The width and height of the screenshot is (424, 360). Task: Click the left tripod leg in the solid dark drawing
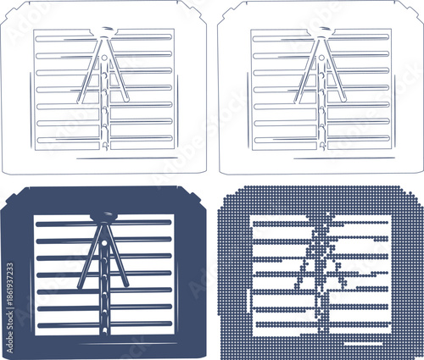[89, 258]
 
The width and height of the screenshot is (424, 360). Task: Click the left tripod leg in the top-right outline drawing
[307, 72]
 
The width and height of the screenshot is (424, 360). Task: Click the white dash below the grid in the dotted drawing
[356, 342]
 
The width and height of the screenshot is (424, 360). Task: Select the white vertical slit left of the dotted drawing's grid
[246, 296]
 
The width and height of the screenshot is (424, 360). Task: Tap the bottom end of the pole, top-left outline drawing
[104, 147]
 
